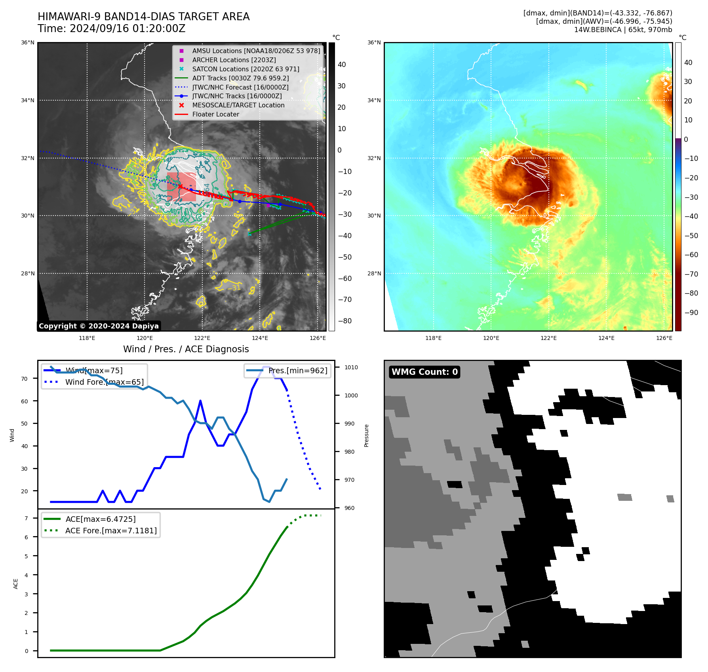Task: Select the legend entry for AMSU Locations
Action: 256,51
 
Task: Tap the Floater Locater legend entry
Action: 215,115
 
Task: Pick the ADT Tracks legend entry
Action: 240,78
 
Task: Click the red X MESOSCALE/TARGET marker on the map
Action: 181,186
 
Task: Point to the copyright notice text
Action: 99,326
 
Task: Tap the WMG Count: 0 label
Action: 424,372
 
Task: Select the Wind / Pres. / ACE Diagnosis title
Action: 186,349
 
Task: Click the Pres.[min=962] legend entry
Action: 297,371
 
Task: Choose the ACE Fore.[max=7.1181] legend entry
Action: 111,531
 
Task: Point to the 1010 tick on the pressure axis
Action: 351,368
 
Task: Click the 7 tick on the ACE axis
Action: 27,518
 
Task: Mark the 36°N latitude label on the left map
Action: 28,43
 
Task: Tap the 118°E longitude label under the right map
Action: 433,338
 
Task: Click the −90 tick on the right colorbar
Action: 691,313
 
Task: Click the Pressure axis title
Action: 366,436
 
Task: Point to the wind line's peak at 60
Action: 200,401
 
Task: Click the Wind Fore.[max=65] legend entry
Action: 105,382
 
